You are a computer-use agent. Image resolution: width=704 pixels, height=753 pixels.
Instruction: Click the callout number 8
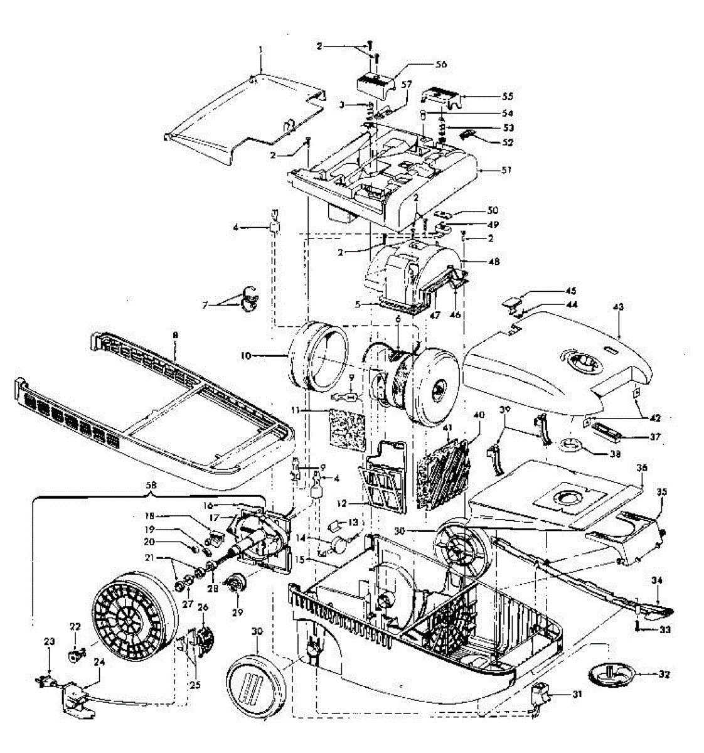pyautogui.click(x=176, y=336)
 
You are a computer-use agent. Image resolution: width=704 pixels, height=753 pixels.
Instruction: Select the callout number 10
pyautogui.click(x=245, y=356)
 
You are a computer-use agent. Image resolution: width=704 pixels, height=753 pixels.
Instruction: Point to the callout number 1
pyautogui.click(x=260, y=48)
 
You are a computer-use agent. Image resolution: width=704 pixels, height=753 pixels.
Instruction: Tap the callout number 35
pyautogui.click(x=661, y=492)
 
